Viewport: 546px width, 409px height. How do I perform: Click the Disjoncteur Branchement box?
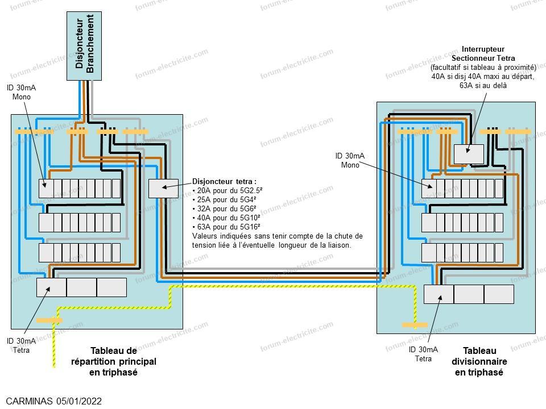click(x=84, y=46)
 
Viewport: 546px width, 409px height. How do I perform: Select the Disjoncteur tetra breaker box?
click(x=163, y=189)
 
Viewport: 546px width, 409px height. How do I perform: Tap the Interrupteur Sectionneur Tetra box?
click(x=469, y=154)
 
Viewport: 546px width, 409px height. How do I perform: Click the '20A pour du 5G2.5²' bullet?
click(x=227, y=191)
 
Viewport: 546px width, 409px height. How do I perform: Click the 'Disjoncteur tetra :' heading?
click(x=224, y=182)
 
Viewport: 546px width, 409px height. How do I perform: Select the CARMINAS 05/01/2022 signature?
click(x=54, y=401)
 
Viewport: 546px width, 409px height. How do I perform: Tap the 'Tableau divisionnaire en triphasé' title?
click(x=479, y=361)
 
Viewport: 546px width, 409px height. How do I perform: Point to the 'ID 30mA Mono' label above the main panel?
click(x=21, y=92)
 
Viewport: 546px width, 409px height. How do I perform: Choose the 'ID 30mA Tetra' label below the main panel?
click(x=21, y=345)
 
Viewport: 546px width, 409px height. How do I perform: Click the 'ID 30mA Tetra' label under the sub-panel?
click(x=423, y=354)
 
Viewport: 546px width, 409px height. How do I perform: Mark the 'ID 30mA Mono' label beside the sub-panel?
click(x=350, y=160)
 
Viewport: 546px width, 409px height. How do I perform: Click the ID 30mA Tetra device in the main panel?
click(x=51, y=287)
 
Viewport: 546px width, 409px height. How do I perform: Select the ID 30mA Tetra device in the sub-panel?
click(x=439, y=294)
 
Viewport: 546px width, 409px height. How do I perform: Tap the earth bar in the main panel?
click(x=49, y=320)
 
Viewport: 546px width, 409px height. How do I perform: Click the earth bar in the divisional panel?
click(x=415, y=325)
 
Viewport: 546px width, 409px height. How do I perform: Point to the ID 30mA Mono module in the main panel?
click(x=46, y=189)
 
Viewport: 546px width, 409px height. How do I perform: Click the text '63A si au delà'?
click(x=483, y=86)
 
